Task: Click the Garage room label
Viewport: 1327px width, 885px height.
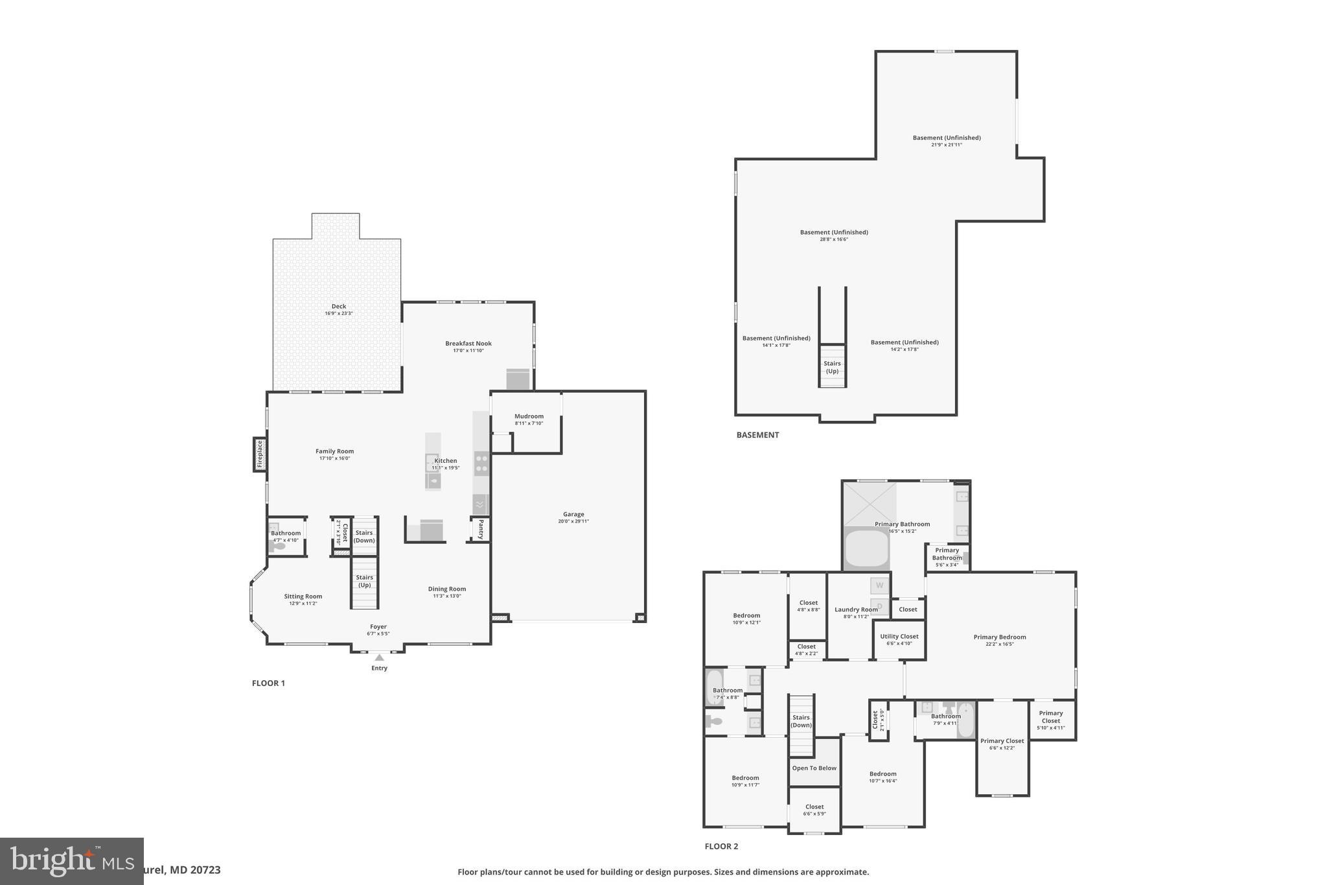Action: [x=573, y=515]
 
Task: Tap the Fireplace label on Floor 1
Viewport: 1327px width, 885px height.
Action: [x=260, y=454]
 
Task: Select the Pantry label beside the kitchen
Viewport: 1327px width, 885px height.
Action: [x=480, y=529]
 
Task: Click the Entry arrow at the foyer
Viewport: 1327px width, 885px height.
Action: [x=379, y=657]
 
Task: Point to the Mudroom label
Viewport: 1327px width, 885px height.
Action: [x=529, y=417]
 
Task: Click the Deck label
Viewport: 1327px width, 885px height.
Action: [x=339, y=307]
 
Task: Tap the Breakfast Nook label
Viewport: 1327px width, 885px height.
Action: [x=468, y=344]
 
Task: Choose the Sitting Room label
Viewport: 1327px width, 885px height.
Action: [x=303, y=596]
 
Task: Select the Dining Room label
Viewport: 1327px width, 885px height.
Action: [x=446, y=589]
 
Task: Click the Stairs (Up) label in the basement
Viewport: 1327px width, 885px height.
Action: [x=832, y=367]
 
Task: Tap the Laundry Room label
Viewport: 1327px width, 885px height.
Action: [x=855, y=609]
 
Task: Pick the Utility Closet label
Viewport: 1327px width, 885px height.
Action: [x=899, y=636]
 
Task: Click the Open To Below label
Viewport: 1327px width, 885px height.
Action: [x=814, y=768]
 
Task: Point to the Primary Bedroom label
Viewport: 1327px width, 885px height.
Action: [x=999, y=637]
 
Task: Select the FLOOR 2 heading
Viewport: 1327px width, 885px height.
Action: [x=721, y=846]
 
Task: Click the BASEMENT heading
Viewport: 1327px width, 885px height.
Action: [x=757, y=435]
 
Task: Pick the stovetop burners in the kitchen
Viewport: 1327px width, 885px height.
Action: [x=481, y=464]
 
